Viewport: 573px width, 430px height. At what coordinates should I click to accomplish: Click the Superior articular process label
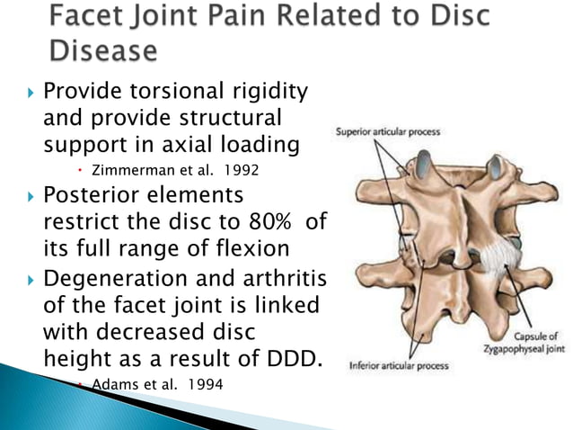(x=387, y=132)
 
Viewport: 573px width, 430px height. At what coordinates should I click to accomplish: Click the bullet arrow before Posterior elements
(x=30, y=194)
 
